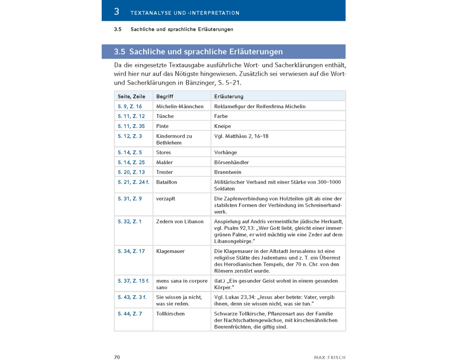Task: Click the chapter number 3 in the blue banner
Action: [x=117, y=11]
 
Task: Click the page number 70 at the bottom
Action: [x=117, y=357]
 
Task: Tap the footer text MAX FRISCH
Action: [x=329, y=357]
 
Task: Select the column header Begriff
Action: [x=165, y=97]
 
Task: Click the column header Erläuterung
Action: [x=229, y=97]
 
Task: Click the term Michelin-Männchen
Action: [x=180, y=107]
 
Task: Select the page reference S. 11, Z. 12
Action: [x=131, y=117]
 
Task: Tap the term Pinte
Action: [x=162, y=126]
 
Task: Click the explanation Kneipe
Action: [x=223, y=126]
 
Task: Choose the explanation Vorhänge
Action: [x=226, y=153]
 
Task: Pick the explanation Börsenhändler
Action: [x=232, y=162]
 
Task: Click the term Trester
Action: [x=164, y=172]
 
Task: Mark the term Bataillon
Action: [x=167, y=182]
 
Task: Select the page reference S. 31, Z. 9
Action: [x=130, y=198]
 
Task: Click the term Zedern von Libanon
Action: [x=180, y=221]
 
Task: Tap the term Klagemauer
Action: [x=171, y=251]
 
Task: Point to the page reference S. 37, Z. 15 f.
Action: [x=134, y=281]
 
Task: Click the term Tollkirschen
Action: [x=171, y=314]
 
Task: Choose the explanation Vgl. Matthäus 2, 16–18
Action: [x=242, y=136]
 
